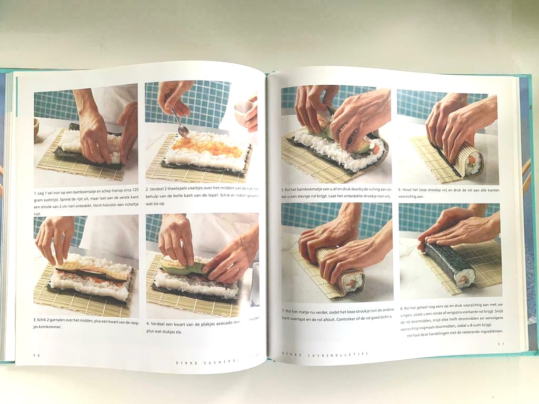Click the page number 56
click(x=36, y=355)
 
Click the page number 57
click(x=501, y=344)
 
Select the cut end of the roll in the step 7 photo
click(x=354, y=281)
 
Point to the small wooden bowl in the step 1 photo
click(x=36, y=130)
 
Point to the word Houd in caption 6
click(x=411, y=190)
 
